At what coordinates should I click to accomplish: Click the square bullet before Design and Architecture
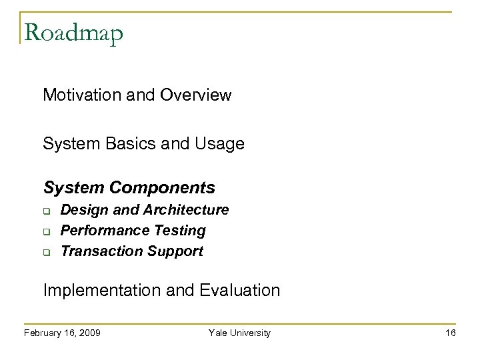[49, 211]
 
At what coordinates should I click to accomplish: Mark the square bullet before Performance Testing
[49, 231]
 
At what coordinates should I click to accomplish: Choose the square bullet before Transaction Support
[49, 252]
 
